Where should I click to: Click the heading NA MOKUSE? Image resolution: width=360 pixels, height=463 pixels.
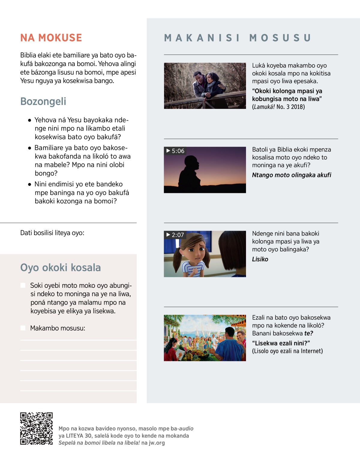tap(51, 38)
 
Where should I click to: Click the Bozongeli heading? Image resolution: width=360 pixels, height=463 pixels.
tap(43, 101)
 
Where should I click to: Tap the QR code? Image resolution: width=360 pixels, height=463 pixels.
tap(36, 428)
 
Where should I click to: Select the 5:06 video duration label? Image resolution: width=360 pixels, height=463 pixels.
tap(175, 151)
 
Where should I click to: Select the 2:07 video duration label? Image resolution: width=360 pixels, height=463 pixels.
tap(175, 235)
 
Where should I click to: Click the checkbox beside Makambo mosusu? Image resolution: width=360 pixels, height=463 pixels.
tap(23, 328)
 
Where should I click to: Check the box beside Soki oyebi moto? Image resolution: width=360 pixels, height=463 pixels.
tap(23, 285)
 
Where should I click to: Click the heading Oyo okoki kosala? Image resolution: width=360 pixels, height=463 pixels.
tap(60, 267)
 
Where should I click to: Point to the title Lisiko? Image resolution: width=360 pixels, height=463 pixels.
tap(260, 259)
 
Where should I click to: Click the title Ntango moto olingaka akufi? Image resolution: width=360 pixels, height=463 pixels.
tap(291, 175)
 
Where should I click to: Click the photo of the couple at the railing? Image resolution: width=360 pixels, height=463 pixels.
tap(205, 86)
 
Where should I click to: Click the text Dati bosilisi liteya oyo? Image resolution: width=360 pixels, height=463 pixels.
tap(52, 233)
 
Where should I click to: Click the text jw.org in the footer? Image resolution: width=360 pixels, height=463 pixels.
tap(157, 443)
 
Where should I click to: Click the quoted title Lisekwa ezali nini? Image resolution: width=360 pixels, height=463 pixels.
tap(281, 343)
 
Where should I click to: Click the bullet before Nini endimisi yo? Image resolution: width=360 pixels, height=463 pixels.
tap(29, 184)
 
